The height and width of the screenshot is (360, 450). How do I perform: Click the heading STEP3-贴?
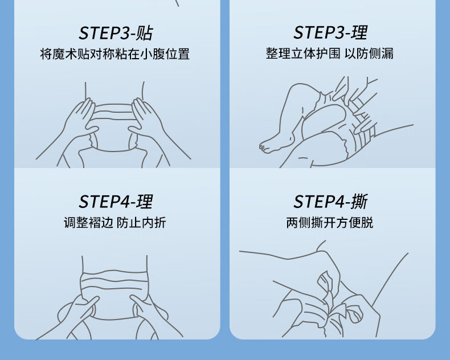[116, 33]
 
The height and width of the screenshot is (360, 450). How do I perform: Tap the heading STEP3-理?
[330, 32]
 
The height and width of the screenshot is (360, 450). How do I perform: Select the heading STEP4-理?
[116, 202]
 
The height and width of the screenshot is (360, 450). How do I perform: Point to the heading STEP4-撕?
[330, 201]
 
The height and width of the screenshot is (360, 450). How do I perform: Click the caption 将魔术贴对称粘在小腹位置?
[115, 54]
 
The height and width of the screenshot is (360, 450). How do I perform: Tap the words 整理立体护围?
[303, 54]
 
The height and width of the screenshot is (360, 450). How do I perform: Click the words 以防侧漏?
[369, 54]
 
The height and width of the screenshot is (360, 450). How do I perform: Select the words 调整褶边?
[88, 223]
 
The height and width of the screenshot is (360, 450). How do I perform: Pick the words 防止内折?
[141, 223]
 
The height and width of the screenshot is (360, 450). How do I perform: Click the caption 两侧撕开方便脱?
[330, 223]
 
